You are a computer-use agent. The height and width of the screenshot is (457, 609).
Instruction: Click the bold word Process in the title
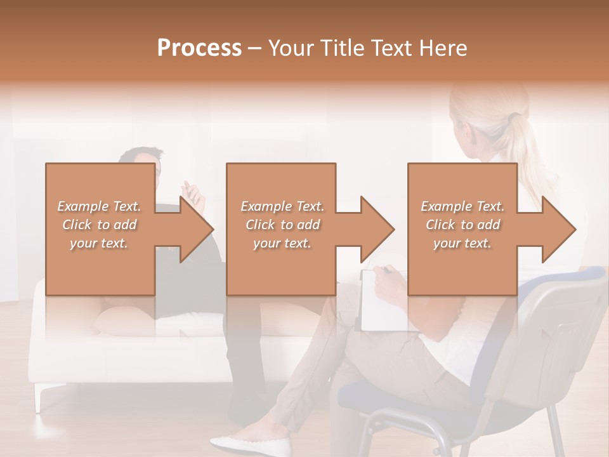tap(199, 48)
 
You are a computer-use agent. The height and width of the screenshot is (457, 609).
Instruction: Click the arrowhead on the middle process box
tap(377, 229)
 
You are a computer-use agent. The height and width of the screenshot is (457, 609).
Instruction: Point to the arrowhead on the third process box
tap(558, 229)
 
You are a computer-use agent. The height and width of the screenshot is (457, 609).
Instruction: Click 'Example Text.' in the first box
tap(100, 206)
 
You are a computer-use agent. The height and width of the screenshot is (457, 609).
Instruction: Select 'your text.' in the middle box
tap(282, 243)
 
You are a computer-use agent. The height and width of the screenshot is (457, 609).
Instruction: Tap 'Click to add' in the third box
tap(463, 225)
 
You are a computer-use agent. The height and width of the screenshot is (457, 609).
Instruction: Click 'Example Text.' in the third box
tap(463, 206)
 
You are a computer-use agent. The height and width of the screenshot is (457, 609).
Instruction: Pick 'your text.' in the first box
tap(100, 243)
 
